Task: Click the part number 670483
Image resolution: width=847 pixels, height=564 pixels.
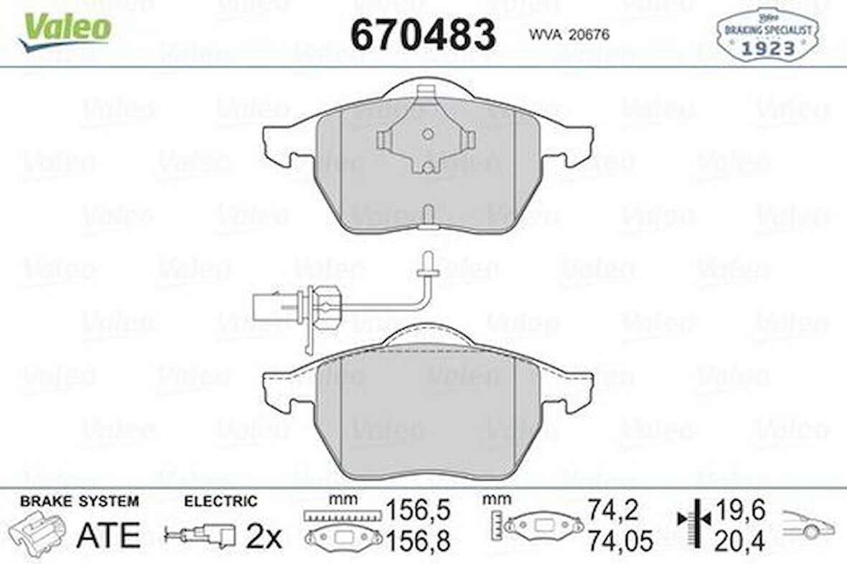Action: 423,35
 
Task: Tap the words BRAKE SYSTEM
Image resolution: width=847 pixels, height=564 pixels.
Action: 79,502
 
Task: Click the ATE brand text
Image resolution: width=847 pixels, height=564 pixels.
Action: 108,535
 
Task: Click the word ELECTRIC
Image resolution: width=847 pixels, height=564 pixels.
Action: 220,502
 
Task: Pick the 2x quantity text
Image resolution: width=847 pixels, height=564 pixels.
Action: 264,536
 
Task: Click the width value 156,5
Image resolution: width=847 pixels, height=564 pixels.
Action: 418,510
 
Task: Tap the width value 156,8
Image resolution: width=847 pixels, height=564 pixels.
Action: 418,540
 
